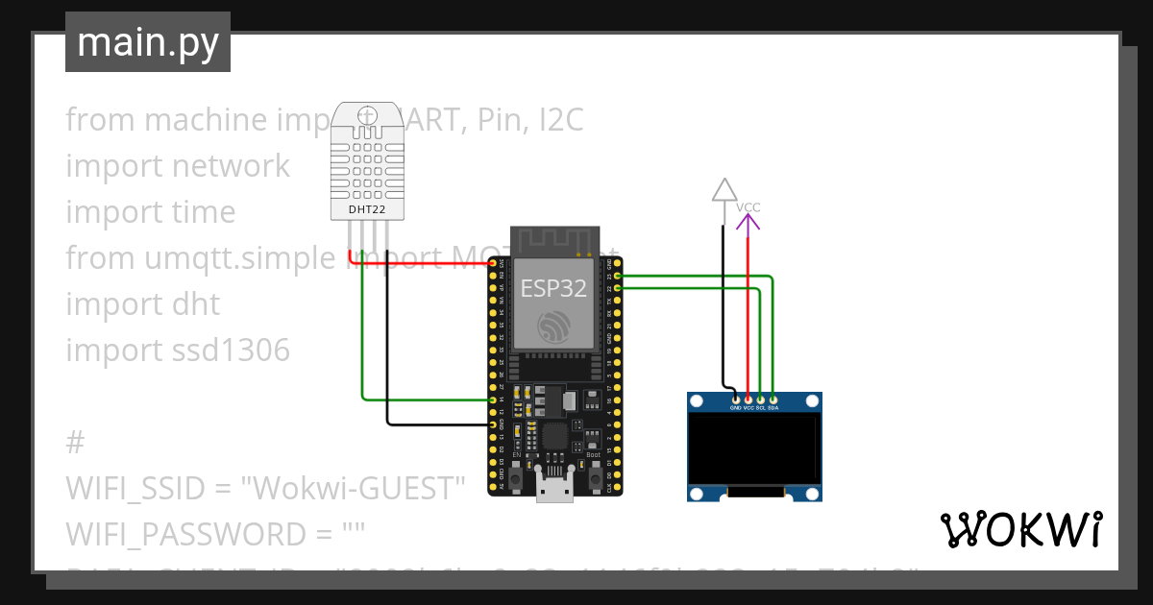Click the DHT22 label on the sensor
365,208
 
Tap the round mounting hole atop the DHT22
365,116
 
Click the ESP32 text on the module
553,288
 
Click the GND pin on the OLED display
736,399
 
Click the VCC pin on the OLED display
748,399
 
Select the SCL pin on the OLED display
761,399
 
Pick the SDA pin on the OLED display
773,399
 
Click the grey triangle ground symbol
724,190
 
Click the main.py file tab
148,42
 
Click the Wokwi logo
1020,529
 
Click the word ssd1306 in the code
231,351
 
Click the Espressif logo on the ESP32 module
553,327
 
